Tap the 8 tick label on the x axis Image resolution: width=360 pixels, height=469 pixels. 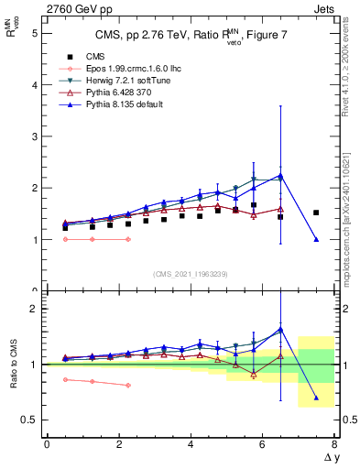335,444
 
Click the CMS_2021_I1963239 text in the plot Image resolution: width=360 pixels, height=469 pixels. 191,274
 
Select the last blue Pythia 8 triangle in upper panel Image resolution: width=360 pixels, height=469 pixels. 316,239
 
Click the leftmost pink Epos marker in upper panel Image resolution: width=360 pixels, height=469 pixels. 65,239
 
